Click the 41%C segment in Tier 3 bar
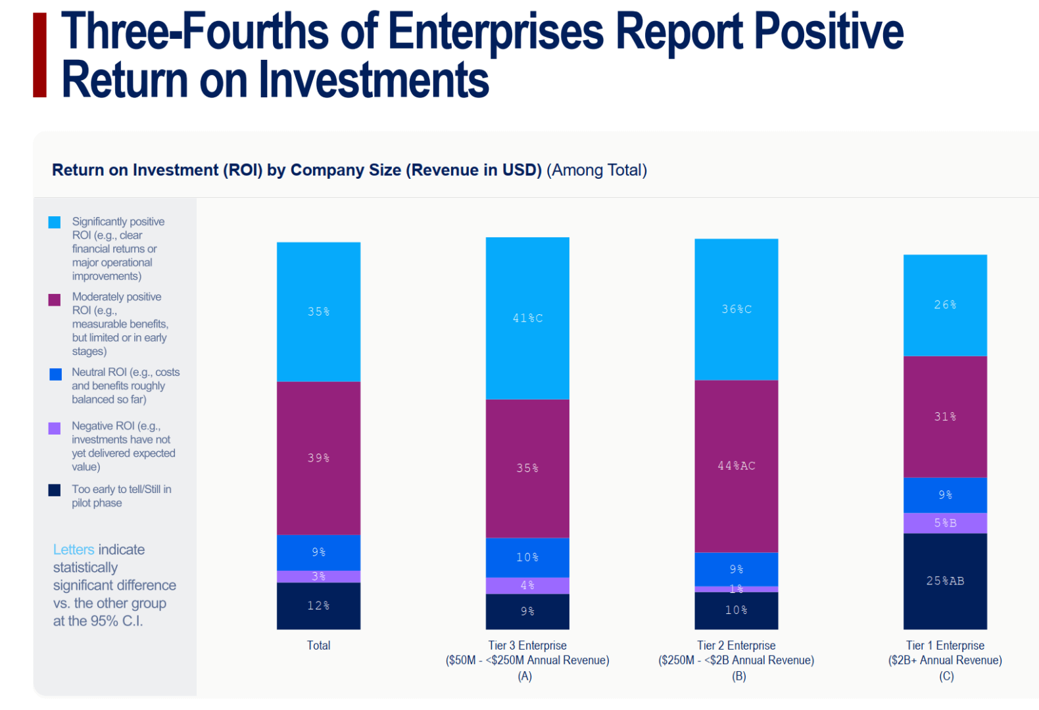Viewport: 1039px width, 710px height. click(527, 318)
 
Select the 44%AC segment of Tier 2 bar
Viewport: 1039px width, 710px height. click(736, 466)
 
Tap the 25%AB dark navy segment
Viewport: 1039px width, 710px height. click(945, 581)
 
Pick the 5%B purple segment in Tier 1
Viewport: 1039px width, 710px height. click(945, 523)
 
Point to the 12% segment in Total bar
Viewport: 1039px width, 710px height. click(318, 605)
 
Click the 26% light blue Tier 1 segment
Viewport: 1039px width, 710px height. click(945, 305)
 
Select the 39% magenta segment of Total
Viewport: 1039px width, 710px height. click(318, 458)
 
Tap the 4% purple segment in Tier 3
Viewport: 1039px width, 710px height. click(527, 586)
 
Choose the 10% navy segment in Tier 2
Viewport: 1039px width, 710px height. click(736, 611)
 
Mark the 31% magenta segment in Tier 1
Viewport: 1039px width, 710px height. click(945, 417)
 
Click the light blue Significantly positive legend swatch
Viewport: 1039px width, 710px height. click(55, 222)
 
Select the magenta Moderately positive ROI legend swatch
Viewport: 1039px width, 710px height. click(55, 300)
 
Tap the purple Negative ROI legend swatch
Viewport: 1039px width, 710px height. click(55, 429)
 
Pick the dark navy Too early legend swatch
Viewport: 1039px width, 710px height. click(55, 490)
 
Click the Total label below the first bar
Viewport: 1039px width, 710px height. click(318, 646)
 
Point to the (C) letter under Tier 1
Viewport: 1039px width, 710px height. click(946, 676)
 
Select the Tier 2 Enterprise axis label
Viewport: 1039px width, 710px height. click(736, 646)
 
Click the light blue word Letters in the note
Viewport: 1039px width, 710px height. click(74, 550)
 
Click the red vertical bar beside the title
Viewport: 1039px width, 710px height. click(40, 55)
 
